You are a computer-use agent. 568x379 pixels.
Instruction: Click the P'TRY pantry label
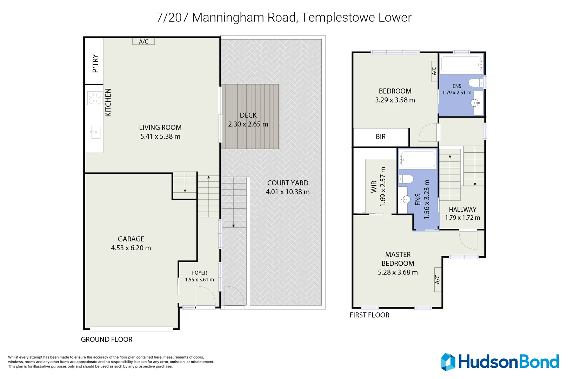95,63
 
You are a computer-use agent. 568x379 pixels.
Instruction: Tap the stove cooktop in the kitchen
95,98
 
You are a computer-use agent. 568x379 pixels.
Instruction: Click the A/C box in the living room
143,41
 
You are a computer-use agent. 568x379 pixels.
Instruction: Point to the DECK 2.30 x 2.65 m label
248,120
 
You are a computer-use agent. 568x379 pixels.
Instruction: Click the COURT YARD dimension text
287,192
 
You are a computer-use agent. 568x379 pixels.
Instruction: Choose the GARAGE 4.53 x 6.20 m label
131,243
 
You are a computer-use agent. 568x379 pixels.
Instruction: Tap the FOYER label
199,273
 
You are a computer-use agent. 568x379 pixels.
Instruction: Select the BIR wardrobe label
381,137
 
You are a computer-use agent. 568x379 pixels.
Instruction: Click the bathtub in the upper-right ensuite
461,64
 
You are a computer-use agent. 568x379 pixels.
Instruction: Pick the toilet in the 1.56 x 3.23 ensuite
406,179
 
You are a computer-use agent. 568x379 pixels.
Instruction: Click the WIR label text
374,186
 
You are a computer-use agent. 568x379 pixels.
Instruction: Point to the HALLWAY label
462,210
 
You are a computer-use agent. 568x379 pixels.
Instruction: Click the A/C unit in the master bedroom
437,280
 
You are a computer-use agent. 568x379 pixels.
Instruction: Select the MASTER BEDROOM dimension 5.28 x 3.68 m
397,272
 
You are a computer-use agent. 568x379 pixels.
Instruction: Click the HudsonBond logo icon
448,362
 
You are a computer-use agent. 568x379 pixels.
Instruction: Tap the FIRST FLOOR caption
369,315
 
